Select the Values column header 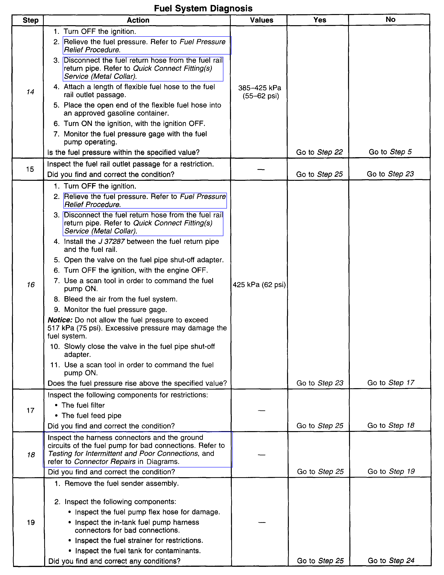[x=261, y=20]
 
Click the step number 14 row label [x=30, y=92]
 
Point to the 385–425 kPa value [x=260, y=88]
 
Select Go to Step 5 [x=390, y=152]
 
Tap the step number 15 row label [x=30, y=169]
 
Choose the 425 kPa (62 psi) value [x=259, y=285]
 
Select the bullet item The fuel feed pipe [x=91, y=415]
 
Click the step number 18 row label [x=31, y=455]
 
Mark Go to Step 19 [x=391, y=471]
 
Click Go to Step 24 [x=391, y=561]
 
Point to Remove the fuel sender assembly [x=122, y=483]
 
